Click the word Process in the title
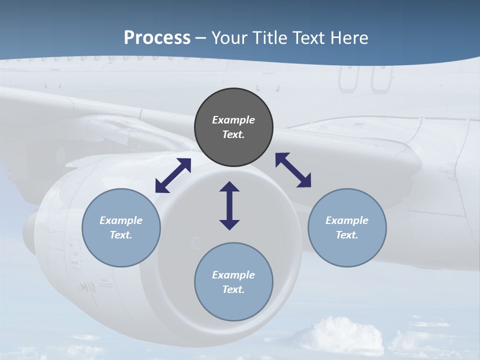tap(157, 38)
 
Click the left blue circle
tap(121, 227)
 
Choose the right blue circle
tap(347, 227)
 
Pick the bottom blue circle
tap(233, 281)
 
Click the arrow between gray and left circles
tap(173, 175)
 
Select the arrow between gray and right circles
tap(293, 170)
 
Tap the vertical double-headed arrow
tap(229, 205)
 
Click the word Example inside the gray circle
tap(233, 120)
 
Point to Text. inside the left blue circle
tap(121, 235)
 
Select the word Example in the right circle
tap(347, 220)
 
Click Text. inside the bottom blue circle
tap(233, 289)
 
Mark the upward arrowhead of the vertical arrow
tap(229, 187)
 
